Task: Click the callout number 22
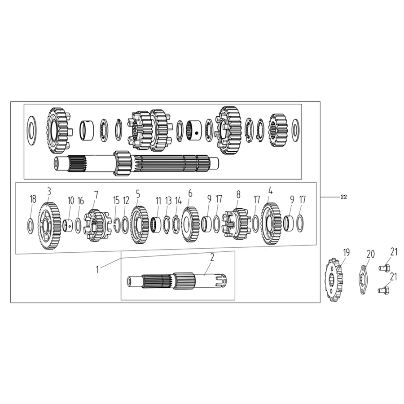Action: click(x=343, y=197)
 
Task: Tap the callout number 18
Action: click(x=33, y=199)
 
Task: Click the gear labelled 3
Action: click(x=49, y=226)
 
